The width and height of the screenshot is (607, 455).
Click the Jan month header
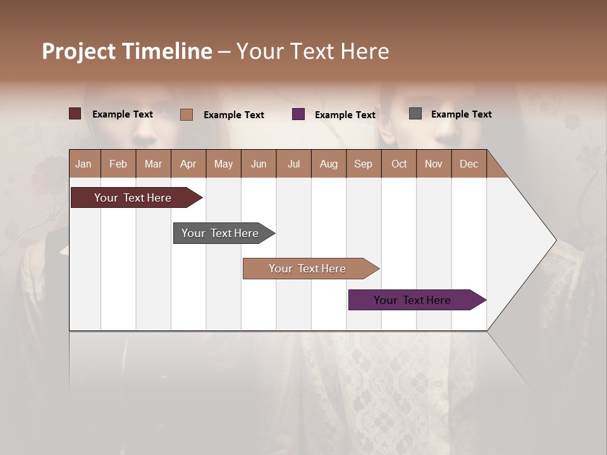83,164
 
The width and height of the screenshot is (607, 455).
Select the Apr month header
188,164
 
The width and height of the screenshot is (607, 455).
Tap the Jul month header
293,164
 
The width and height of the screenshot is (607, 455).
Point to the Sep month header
363,164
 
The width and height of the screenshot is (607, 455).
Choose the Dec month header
469,164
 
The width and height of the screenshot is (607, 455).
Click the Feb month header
118,164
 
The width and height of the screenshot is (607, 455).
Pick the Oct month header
399,164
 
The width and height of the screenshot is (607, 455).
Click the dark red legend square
75,114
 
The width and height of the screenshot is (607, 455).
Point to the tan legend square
187,114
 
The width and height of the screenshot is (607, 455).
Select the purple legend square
298,114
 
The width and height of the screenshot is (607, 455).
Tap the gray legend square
415,114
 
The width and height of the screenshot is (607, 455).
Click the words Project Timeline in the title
126,51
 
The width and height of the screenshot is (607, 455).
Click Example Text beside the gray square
461,114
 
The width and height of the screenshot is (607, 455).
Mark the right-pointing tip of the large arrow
555,240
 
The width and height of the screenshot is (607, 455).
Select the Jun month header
259,164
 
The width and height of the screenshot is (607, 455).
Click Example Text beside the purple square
345,115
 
